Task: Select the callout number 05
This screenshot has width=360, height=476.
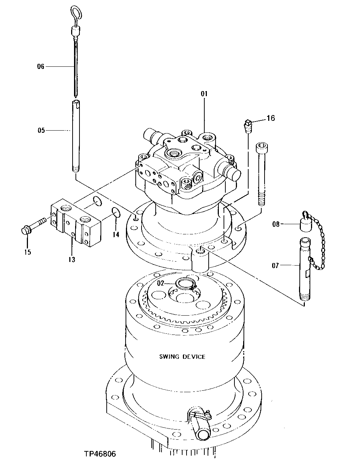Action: pos(41,130)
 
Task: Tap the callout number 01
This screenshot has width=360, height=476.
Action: pos(204,94)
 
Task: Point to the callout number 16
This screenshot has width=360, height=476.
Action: pos(271,118)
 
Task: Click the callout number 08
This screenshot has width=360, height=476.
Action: pos(276,224)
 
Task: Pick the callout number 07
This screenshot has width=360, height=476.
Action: pos(275,266)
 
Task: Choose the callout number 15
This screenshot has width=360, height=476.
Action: pos(28,252)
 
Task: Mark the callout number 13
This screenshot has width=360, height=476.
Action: pos(71,259)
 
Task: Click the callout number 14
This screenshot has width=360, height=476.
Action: pos(115,235)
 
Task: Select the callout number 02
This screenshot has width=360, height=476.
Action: pos(160,283)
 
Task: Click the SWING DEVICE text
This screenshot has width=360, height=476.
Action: pos(182,357)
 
